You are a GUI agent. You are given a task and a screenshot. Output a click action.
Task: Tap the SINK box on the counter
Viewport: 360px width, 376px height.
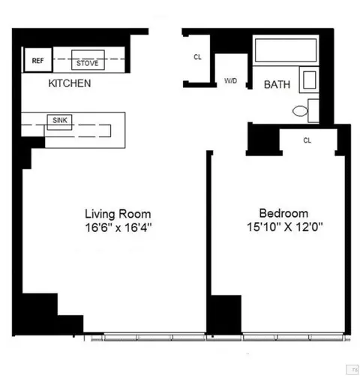59,120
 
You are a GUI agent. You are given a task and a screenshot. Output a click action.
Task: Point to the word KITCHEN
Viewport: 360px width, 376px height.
70,83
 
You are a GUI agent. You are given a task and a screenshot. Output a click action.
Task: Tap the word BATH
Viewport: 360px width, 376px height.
277,86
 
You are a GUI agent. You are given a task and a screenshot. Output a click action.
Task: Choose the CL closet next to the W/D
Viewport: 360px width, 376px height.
197,57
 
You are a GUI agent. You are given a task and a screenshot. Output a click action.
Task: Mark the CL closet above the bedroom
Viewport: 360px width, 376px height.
307,140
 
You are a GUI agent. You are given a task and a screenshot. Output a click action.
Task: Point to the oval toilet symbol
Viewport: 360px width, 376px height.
299,112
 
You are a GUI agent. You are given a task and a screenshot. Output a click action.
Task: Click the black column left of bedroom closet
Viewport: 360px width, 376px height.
262,139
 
